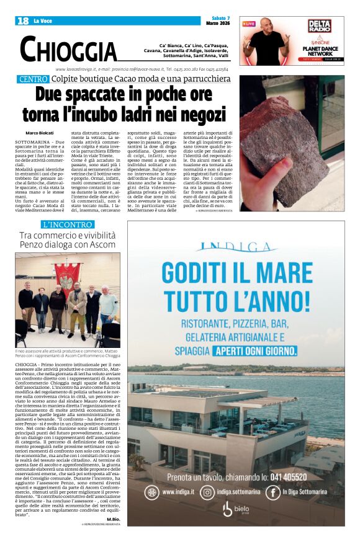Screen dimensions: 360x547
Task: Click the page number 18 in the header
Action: click(x=24, y=21)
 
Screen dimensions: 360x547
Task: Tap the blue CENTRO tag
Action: click(x=34, y=79)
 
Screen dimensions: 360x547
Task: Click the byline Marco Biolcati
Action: click(x=40, y=133)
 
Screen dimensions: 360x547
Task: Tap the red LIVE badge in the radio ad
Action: click(x=249, y=24)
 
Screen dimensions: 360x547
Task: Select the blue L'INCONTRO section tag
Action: click(x=68, y=224)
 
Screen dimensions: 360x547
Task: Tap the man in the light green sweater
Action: click(x=107, y=304)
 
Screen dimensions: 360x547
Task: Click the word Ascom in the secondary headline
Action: click(x=103, y=246)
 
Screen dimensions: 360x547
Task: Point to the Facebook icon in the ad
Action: click(x=273, y=492)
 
